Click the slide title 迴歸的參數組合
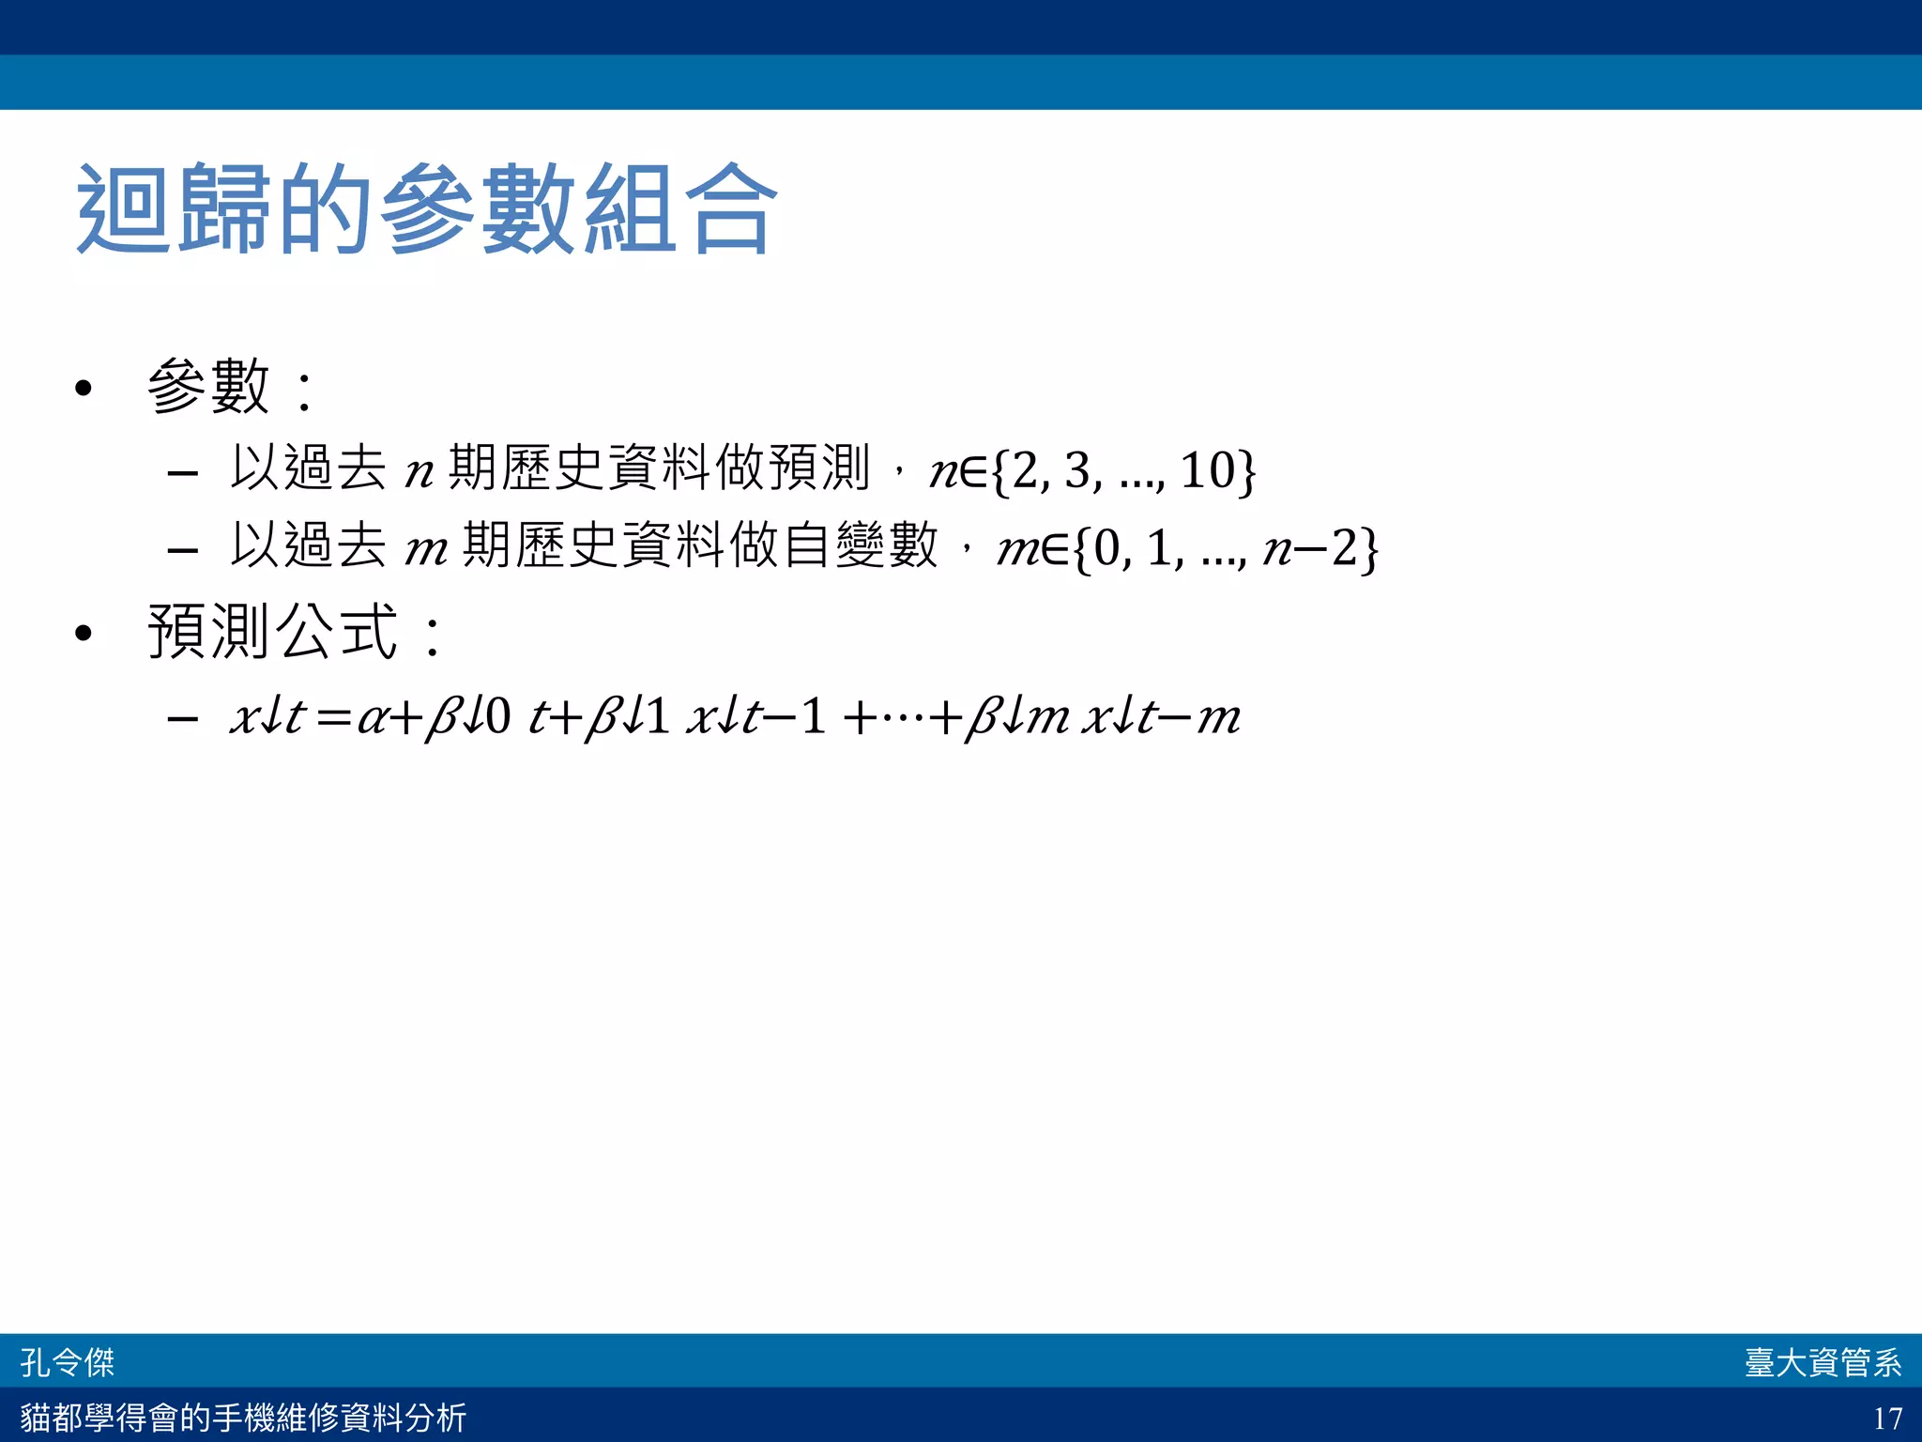(427, 208)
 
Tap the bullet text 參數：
(231, 386)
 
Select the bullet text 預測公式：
(295, 631)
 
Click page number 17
(1887, 1418)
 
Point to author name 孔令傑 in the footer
(68, 1362)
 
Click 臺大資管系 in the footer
(1823, 1362)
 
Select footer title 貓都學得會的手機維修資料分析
(243, 1418)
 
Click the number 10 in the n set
(1207, 469)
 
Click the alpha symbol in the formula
(372, 719)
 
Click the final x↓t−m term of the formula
(1162, 718)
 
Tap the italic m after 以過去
(425, 549)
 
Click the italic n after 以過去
(419, 471)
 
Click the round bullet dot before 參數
(84, 388)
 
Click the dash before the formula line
(182, 720)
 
